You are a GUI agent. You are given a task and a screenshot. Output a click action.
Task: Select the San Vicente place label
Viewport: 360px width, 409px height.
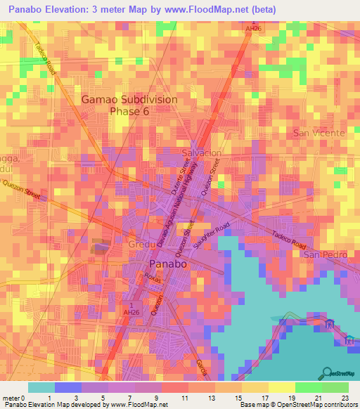click(x=319, y=133)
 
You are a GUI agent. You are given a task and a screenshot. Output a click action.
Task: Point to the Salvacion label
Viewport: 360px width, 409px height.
click(x=202, y=152)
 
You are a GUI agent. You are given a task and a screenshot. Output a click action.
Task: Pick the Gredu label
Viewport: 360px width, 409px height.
click(x=141, y=245)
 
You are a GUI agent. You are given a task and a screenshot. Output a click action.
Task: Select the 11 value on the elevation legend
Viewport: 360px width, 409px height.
click(x=184, y=398)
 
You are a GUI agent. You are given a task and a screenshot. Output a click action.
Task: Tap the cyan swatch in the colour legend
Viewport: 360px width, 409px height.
click(x=41, y=387)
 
